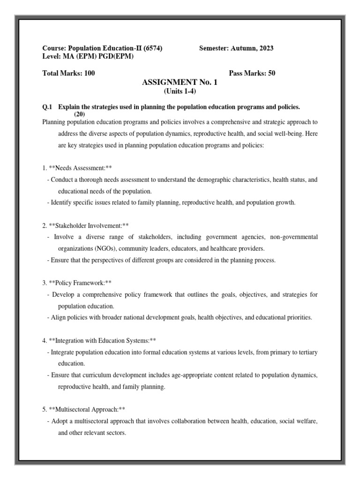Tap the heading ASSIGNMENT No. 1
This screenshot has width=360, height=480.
click(180, 82)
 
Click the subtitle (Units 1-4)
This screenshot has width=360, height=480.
click(180, 91)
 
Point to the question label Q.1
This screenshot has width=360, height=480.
click(48, 107)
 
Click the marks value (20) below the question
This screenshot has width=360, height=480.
click(80, 114)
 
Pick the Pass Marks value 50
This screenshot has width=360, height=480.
click(271, 74)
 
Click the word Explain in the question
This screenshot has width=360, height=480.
click(69, 107)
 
